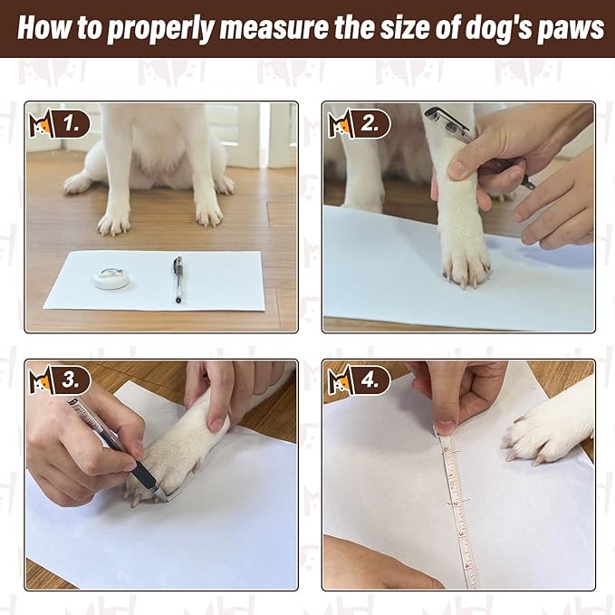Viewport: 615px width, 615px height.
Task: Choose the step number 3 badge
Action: click(72, 380)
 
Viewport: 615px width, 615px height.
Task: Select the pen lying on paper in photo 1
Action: click(178, 278)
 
